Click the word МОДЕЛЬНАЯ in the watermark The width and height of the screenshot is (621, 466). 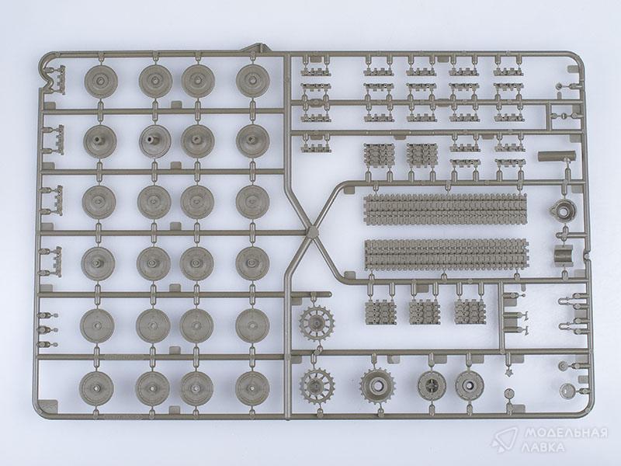566,433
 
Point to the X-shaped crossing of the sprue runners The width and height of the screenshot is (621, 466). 312,231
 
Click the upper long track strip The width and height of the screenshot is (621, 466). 446,209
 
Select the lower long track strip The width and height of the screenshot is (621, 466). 446,255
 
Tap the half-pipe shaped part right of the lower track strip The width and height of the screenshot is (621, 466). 564,254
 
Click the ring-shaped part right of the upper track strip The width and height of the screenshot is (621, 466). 564,210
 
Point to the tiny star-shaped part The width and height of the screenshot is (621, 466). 509,372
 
